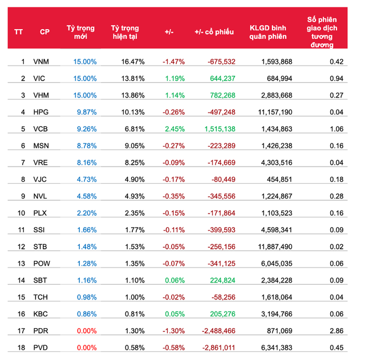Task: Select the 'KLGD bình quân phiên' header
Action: (x=269, y=32)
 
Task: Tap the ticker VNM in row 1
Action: (x=41, y=62)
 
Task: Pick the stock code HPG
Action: (x=41, y=112)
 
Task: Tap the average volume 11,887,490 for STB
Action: (x=274, y=246)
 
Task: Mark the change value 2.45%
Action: (x=173, y=129)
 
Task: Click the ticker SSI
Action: (x=40, y=230)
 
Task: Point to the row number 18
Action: (x=22, y=347)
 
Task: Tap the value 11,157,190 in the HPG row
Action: (x=274, y=112)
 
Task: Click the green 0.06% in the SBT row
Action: (x=174, y=280)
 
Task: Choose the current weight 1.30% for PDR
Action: (x=134, y=330)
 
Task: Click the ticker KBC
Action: (x=41, y=314)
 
